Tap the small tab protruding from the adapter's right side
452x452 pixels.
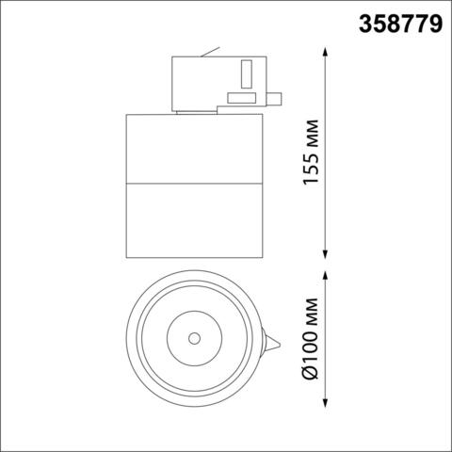(278, 95)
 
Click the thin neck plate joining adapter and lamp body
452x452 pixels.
(195, 111)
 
